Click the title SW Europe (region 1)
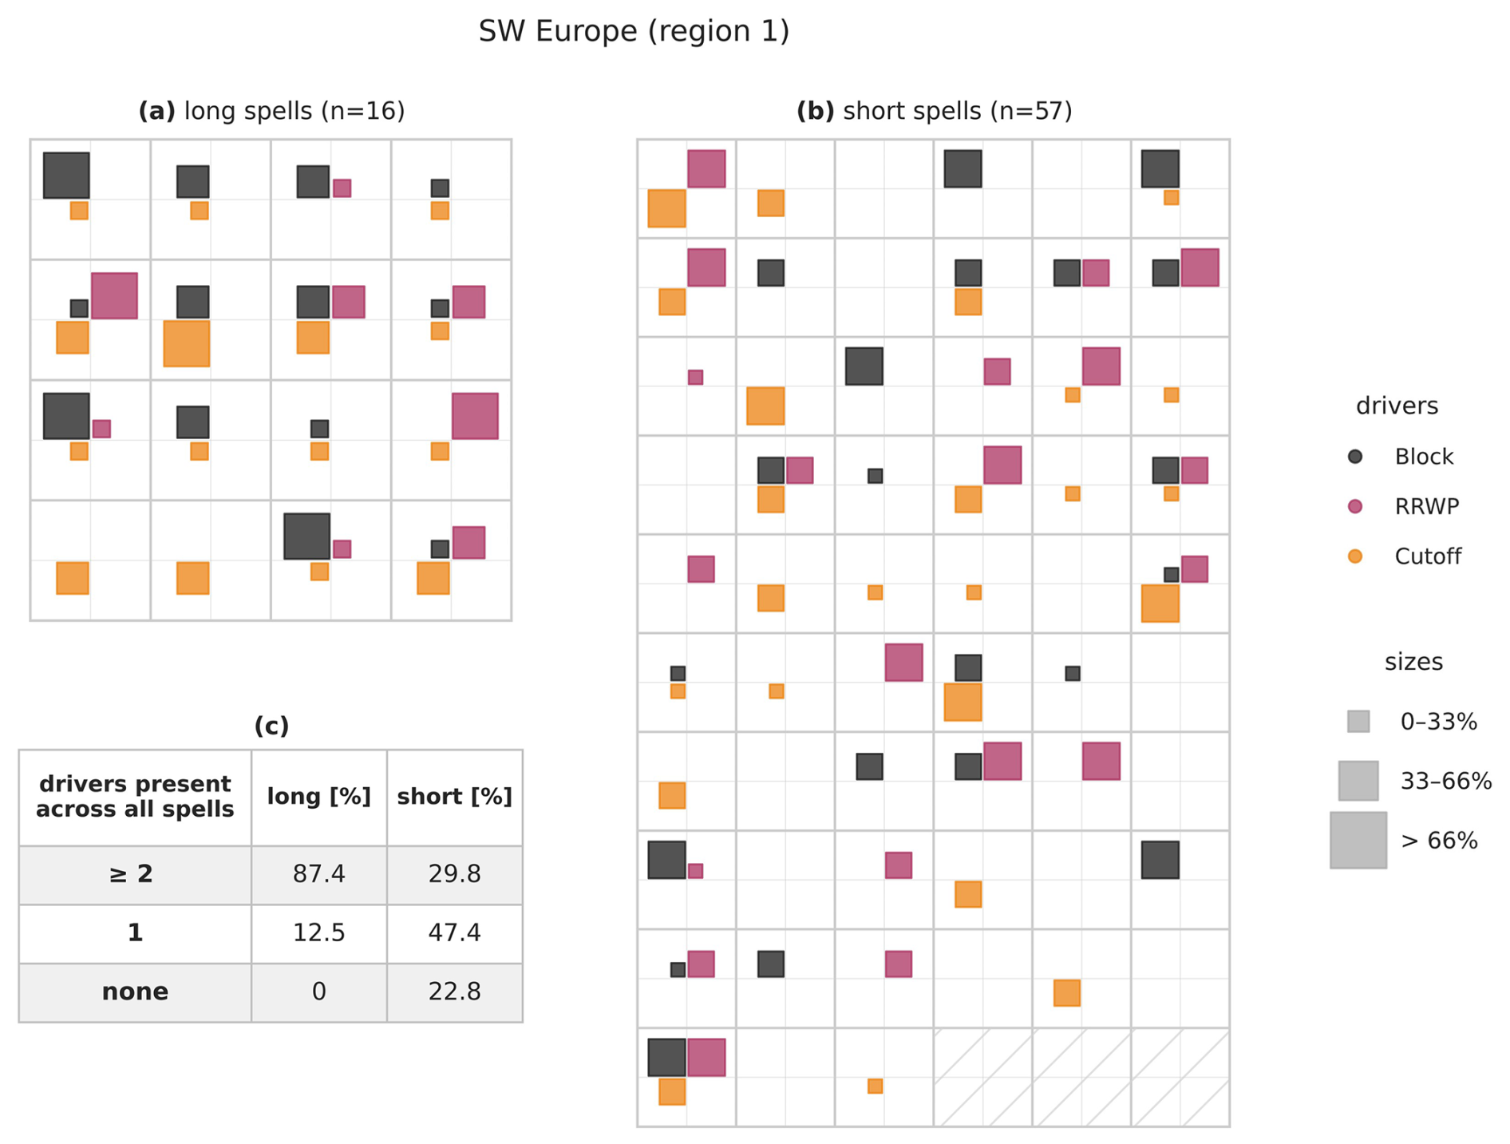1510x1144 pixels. coord(634,32)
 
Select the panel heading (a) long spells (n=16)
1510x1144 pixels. coord(271,111)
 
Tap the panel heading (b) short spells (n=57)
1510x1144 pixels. coord(934,111)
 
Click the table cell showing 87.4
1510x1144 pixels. coord(318,874)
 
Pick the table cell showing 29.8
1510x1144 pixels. coord(454,874)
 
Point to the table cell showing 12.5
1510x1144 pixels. coord(318,932)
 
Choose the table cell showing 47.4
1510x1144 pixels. coord(454,932)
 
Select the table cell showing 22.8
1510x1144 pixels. coord(454,992)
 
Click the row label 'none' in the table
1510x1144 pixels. coord(135,992)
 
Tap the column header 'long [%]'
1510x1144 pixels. coord(318,797)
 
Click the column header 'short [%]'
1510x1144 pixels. coord(454,797)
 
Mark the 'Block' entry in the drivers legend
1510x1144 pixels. coord(1423,457)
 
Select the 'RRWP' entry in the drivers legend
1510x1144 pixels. coord(1426,506)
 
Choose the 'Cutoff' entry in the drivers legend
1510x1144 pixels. coord(1427,556)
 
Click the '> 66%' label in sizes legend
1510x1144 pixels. coord(1439,841)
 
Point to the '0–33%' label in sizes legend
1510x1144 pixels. coord(1438,722)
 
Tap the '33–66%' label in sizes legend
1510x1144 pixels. coord(1445,781)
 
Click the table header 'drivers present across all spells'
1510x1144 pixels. coord(135,797)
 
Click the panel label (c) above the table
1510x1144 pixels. coord(271,726)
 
